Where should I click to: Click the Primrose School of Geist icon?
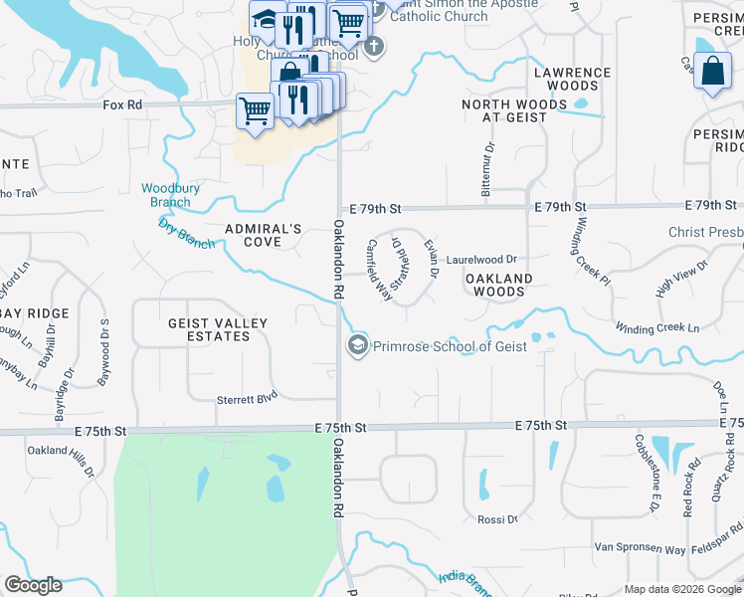click(x=356, y=345)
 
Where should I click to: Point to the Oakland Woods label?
click(x=498, y=285)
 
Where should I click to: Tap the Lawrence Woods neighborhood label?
click(x=573, y=79)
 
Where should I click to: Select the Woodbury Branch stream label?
click(x=165, y=195)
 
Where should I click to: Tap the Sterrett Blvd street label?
click(x=247, y=399)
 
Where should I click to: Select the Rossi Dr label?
click(x=498, y=519)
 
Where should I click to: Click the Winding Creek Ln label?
click(x=656, y=327)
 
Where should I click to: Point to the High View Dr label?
click(x=681, y=280)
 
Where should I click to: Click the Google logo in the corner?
click(x=33, y=585)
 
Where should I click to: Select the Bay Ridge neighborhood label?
click(x=35, y=312)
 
